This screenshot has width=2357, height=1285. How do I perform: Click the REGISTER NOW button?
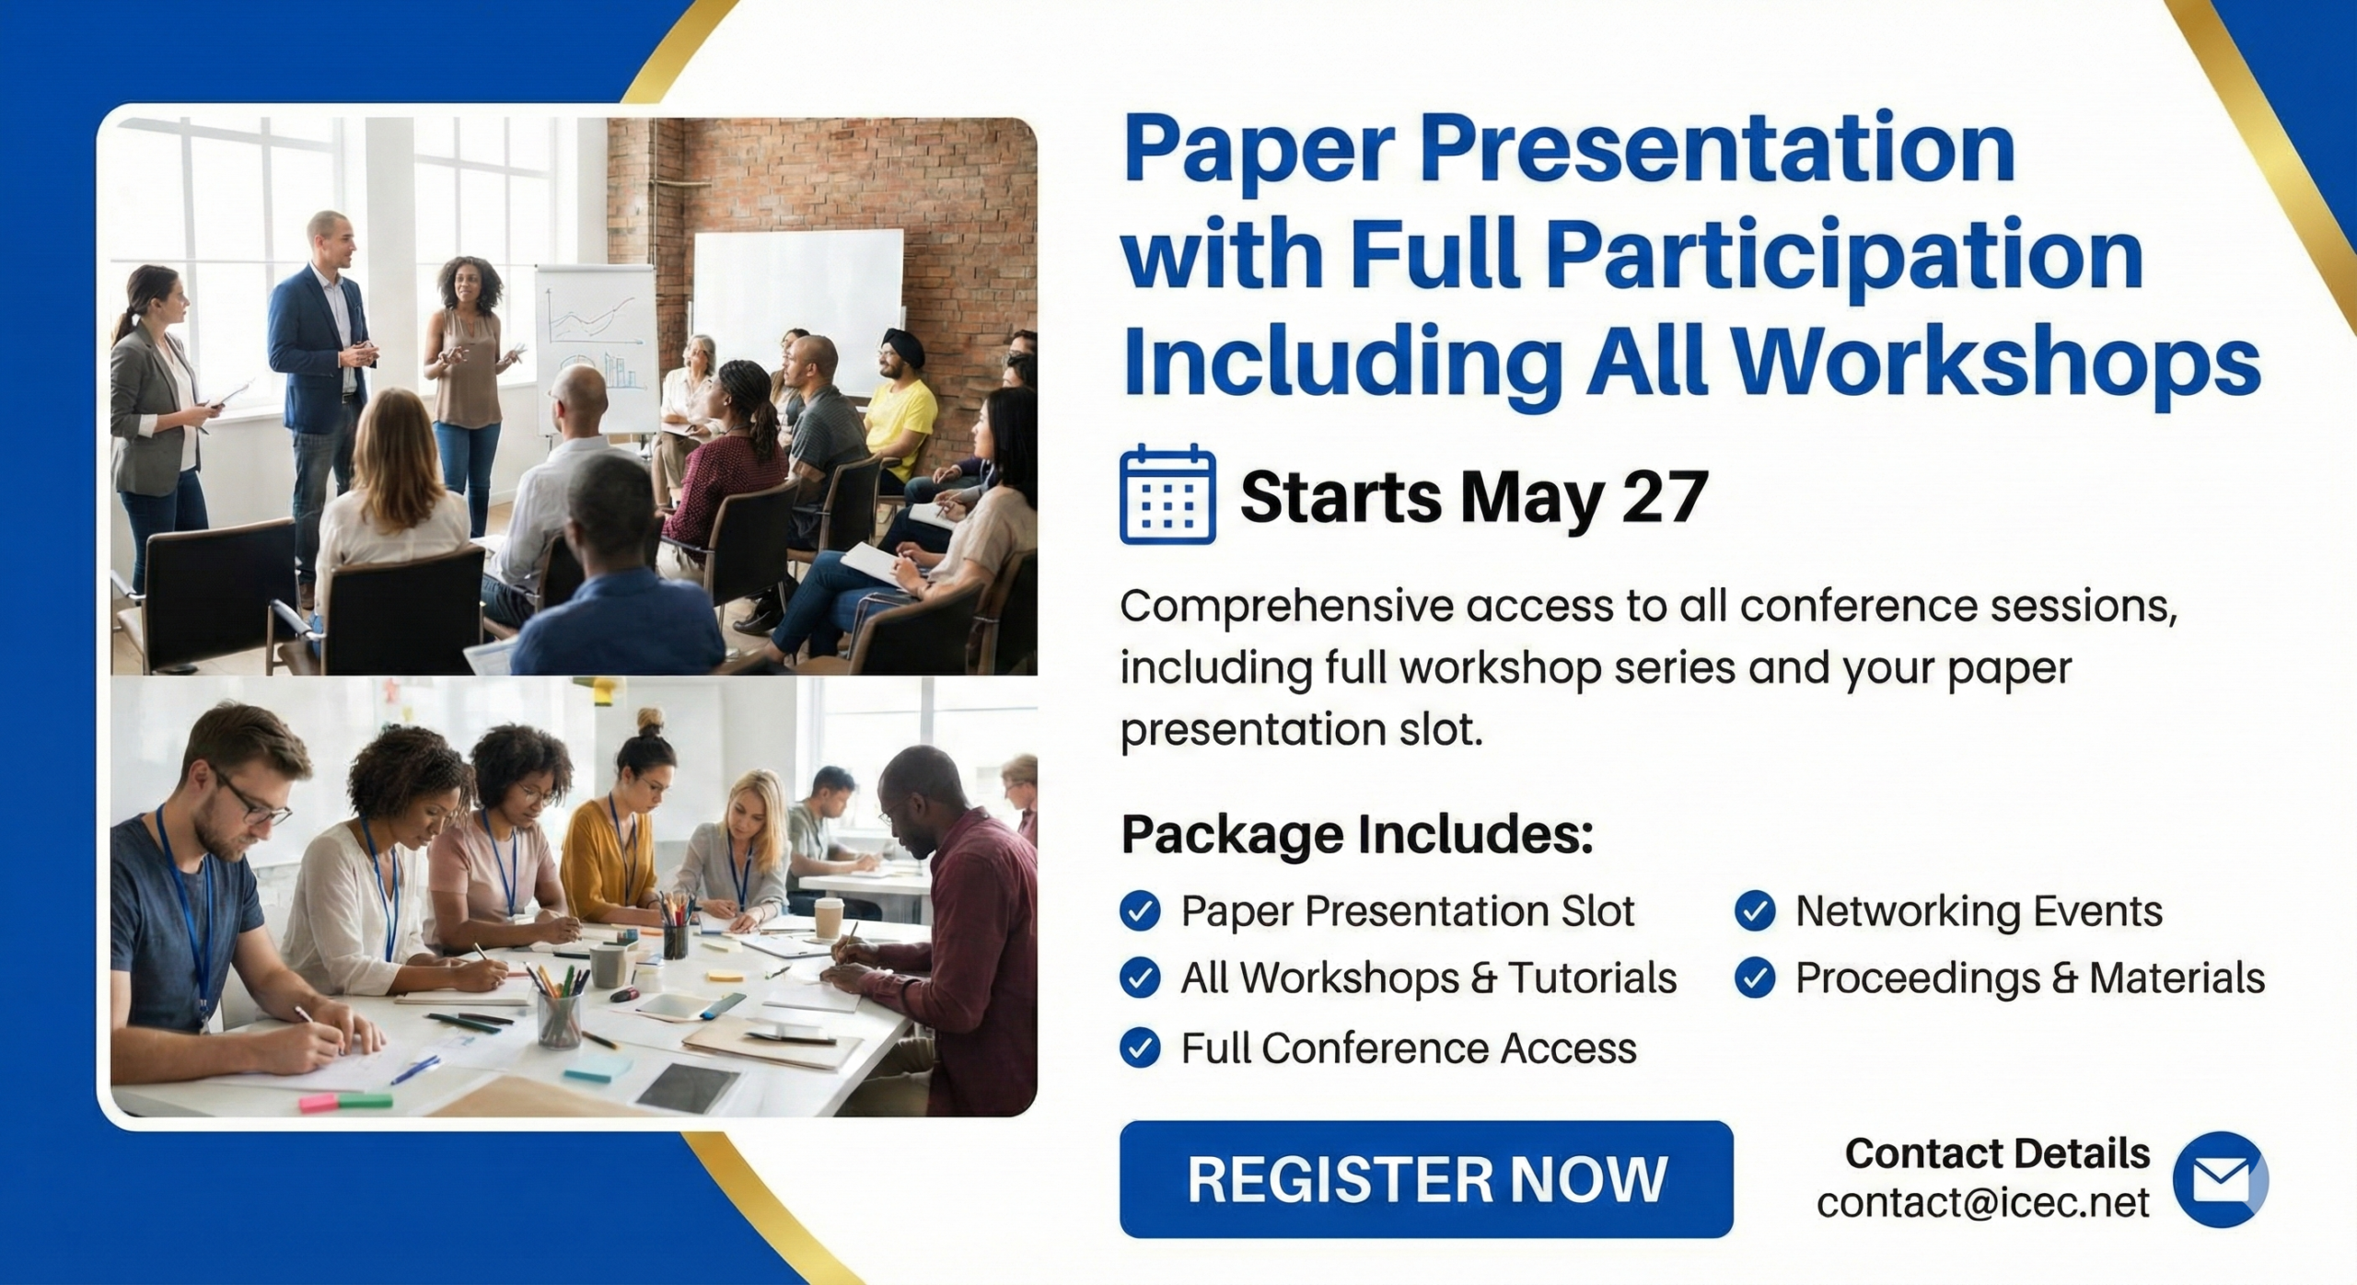click(1426, 1178)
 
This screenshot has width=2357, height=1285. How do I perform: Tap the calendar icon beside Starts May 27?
click(1167, 494)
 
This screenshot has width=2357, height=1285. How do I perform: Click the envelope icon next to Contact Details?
click(2220, 1179)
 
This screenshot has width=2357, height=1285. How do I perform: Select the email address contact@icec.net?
click(1983, 1202)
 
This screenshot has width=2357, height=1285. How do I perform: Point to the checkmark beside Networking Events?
click(1755, 911)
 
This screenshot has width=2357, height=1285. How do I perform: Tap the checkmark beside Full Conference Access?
click(1140, 1048)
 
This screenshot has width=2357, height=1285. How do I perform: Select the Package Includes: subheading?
click(1356, 834)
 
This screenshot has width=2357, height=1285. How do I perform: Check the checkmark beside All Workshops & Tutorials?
click(1140, 978)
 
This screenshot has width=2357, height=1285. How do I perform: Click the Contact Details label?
click(1997, 1153)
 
